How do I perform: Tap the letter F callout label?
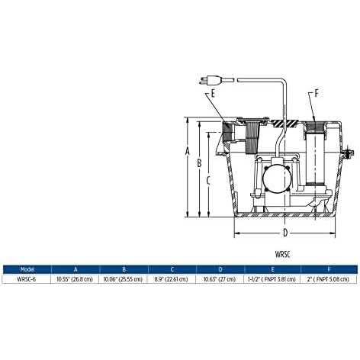317,94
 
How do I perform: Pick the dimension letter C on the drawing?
210,180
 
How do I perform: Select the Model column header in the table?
27,268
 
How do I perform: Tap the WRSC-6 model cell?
27,279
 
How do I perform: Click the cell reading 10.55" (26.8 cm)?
76,279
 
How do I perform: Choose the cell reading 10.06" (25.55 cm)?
124,279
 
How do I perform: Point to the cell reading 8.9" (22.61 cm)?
172,279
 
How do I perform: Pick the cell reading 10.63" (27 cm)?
221,279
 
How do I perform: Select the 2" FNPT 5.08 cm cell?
328,279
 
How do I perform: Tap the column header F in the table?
328,268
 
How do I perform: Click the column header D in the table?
221,268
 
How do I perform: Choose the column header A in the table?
76,268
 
